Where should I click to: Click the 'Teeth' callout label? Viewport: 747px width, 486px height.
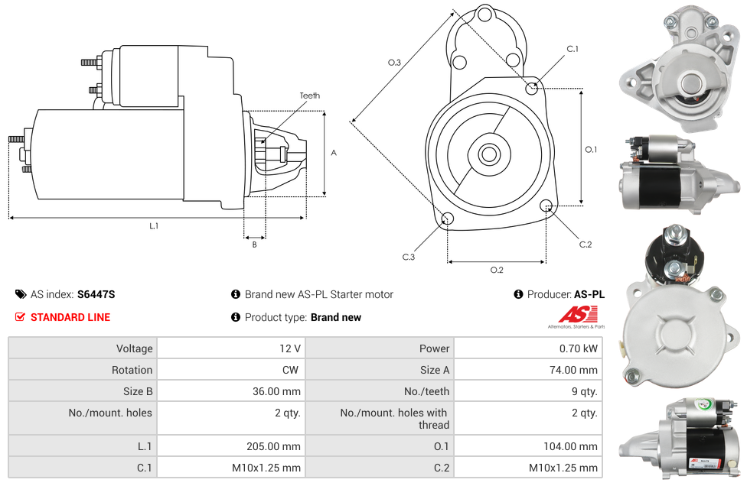coord(309,96)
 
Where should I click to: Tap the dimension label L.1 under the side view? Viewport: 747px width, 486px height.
coord(154,226)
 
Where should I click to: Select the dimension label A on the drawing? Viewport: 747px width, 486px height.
coord(334,153)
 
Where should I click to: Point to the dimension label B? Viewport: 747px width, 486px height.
coord(254,245)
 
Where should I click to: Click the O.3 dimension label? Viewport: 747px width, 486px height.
coord(394,63)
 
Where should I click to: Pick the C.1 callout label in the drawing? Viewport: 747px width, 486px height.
coord(572,50)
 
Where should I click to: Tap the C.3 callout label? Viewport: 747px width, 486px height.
coord(409,258)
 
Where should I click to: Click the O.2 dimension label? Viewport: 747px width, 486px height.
coord(496,270)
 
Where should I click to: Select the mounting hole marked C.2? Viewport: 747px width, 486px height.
coord(546,206)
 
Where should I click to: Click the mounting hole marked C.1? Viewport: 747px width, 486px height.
coord(532,88)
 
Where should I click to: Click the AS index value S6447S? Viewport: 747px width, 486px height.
coord(96,294)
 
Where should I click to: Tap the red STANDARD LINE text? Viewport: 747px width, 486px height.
coord(70,317)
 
